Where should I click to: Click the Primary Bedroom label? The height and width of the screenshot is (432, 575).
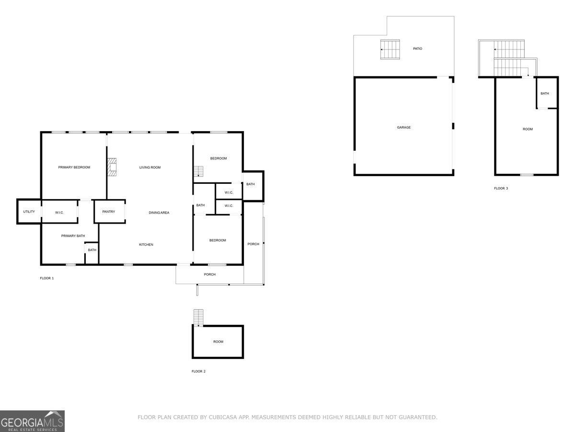[x=74, y=168]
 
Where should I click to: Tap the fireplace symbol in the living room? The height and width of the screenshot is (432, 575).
[x=112, y=168]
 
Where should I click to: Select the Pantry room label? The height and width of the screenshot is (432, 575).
[x=109, y=212]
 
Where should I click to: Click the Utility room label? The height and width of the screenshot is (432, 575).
[x=29, y=212]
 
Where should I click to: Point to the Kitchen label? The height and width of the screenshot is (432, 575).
[x=146, y=245]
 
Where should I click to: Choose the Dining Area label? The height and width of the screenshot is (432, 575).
[x=159, y=213]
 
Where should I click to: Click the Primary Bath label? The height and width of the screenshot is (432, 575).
[x=73, y=236]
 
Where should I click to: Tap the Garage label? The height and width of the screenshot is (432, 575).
[x=404, y=128]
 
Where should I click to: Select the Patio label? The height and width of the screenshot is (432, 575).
[x=417, y=49]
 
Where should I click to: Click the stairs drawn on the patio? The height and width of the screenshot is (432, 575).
[x=390, y=49]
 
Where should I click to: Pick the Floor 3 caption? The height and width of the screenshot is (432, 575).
[x=501, y=189]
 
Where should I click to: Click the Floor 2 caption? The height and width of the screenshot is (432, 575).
[x=198, y=372]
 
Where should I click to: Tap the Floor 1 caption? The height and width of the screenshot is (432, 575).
[x=47, y=278]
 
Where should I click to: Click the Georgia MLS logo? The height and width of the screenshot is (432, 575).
[x=32, y=421]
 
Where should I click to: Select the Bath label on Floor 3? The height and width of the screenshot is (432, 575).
[x=545, y=94]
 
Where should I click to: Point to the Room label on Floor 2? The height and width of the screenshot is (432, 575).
[x=218, y=342]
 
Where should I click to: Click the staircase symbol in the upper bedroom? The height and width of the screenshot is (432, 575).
[x=199, y=171]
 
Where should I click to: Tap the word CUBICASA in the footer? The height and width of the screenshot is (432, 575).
[x=224, y=418]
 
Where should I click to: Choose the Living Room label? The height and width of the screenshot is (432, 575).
[x=150, y=168]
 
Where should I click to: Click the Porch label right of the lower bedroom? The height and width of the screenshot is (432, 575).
[x=253, y=244]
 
